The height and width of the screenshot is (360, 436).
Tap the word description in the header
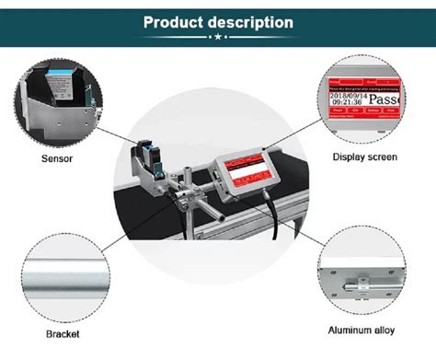click(249, 22)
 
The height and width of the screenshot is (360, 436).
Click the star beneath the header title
click(218, 39)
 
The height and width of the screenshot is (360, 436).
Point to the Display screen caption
click(364, 157)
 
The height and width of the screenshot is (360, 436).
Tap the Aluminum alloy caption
click(365, 331)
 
